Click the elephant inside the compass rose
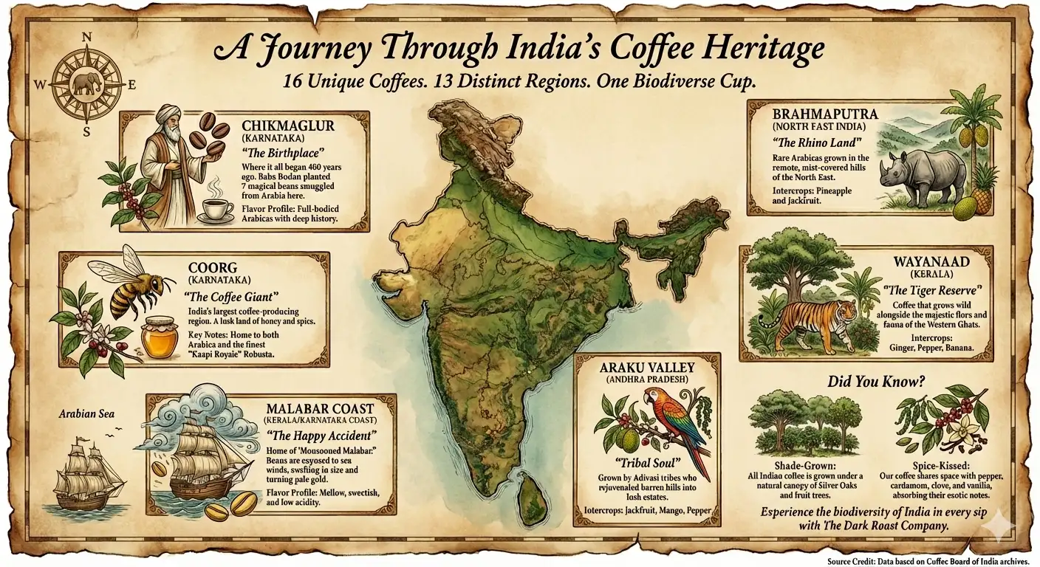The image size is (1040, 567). pos(86,83)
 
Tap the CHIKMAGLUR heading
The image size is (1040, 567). pos(287,126)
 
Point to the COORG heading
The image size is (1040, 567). pos(210,267)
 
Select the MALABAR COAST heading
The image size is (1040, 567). pos(321,408)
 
